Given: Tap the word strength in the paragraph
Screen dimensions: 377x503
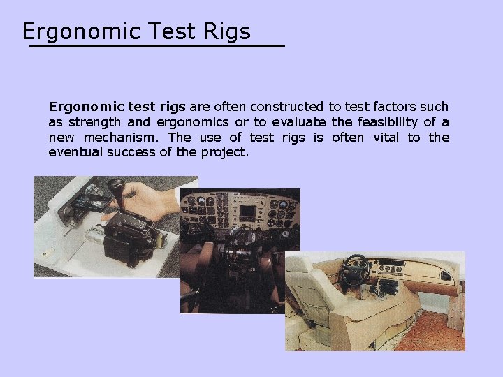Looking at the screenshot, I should pyautogui.click(x=94, y=122).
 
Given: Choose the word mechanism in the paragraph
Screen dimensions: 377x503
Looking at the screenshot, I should pyautogui.click(x=125, y=137).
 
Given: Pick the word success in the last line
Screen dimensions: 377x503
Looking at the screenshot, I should pyautogui.click(x=132, y=151).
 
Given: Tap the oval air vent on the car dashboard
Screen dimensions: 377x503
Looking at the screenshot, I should pyautogui.click(x=445, y=276).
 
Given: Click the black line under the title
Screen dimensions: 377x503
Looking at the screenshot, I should pyautogui.click(x=156, y=46).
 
